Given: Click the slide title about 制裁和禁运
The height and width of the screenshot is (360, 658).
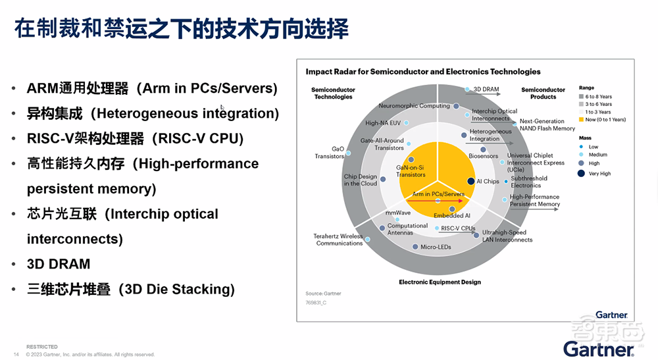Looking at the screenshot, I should tap(181, 30).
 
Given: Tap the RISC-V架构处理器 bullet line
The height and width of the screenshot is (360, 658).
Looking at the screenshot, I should tap(135, 138).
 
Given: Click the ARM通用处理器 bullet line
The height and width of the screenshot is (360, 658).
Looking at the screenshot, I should tap(152, 88).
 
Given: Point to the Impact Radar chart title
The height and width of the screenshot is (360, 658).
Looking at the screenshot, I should tap(423, 72).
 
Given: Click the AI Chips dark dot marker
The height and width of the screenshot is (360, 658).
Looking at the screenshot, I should tap(471, 181).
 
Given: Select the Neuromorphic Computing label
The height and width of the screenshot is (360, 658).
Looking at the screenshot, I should tap(414, 106).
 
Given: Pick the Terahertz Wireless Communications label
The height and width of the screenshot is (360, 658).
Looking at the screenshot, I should tap(339, 240).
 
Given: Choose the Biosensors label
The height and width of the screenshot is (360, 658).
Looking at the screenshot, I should tap(483, 157).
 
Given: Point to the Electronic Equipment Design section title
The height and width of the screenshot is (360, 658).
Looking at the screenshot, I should tap(440, 282).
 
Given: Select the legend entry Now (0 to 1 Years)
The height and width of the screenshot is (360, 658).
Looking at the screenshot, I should tap(605, 120).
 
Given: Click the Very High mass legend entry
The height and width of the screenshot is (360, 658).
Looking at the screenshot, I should tap(598, 174).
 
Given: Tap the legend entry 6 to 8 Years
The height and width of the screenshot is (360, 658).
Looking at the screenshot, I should tap(598, 96).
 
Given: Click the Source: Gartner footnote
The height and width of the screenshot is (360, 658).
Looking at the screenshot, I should tap(323, 294).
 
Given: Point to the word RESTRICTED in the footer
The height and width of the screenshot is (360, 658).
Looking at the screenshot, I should tap(42, 347).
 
